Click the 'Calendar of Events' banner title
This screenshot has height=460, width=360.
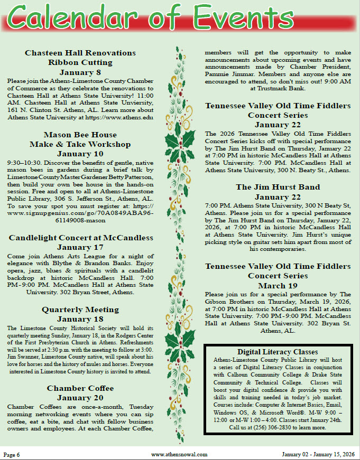click(x=180, y=19)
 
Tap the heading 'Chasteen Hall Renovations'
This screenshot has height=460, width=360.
click(x=80, y=53)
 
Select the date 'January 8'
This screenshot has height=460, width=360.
click(x=80, y=72)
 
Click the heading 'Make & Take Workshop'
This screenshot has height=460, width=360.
click(x=80, y=144)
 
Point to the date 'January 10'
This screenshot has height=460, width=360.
click(x=80, y=154)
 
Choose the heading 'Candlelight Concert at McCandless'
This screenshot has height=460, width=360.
click(x=80, y=237)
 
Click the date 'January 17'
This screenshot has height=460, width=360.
click(x=80, y=247)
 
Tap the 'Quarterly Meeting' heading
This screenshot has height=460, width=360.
click(x=80, y=309)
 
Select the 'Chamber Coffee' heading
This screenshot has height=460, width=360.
click(x=80, y=388)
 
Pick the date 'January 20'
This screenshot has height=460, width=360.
click(x=80, y=398)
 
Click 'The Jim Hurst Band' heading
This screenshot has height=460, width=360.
click(x=278, y=187)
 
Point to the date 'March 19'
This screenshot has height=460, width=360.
click(x=278, y=286)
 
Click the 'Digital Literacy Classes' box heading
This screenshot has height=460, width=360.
click(x=278, y=352)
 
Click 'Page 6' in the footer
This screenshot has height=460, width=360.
click(x=12, y=454)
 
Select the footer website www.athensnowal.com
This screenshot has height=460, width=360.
click(x=179, y=454)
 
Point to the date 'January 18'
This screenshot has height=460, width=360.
click(x=80, y=320)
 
